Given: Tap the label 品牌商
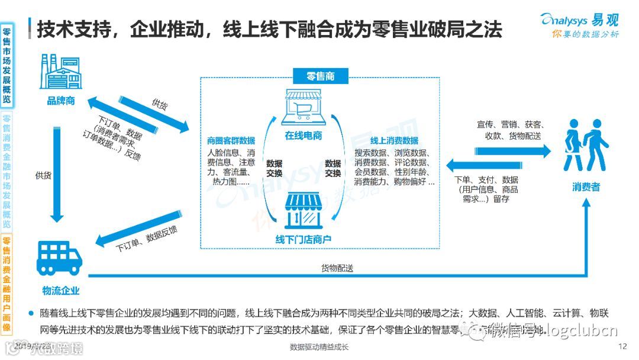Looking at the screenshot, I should tap(61, 101).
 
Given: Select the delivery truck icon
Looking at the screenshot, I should tap(59, 258).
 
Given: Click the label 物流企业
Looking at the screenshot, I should tap(60, 291).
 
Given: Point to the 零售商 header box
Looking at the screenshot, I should tap(320, 76).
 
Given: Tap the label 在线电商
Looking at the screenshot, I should tap(304, 136).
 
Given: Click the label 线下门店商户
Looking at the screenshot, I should tap(304, 239).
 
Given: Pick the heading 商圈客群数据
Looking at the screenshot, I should tap(231, 141).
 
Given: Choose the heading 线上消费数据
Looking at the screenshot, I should tap(394, 141).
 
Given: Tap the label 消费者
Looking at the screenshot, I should tap(586, 187).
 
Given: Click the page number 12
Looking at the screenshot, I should tap(622, 346).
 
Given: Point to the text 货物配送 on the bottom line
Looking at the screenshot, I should tap(337, 268).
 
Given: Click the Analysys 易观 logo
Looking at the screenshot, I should tap(579, 25).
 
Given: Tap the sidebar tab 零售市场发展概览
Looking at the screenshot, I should tap(7, 65).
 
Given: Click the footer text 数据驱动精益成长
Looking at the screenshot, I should tap(319, 347).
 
